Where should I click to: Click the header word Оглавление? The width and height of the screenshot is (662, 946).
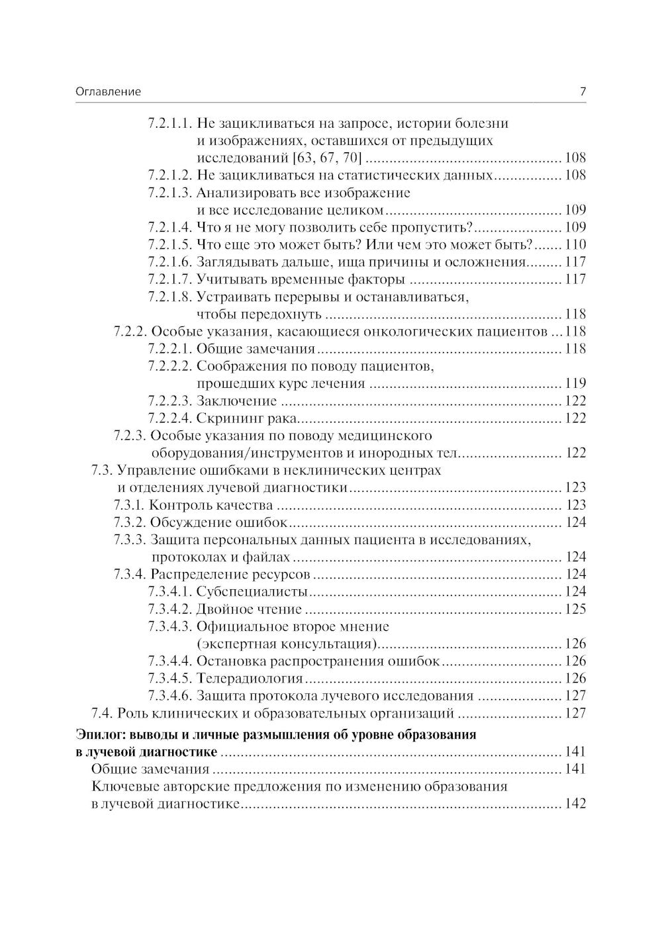tap(108, 92)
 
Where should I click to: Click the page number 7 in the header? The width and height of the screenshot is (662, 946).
tap(583, 92)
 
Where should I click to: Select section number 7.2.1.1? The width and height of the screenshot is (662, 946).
tap(169, 123)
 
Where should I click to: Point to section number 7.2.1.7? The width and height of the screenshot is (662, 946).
tap(169, 279)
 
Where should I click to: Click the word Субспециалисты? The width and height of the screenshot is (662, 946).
tap(252, 591)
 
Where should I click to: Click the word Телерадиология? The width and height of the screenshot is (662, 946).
tap(250, 679)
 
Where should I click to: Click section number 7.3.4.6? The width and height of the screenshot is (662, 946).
tap(169, 696)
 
